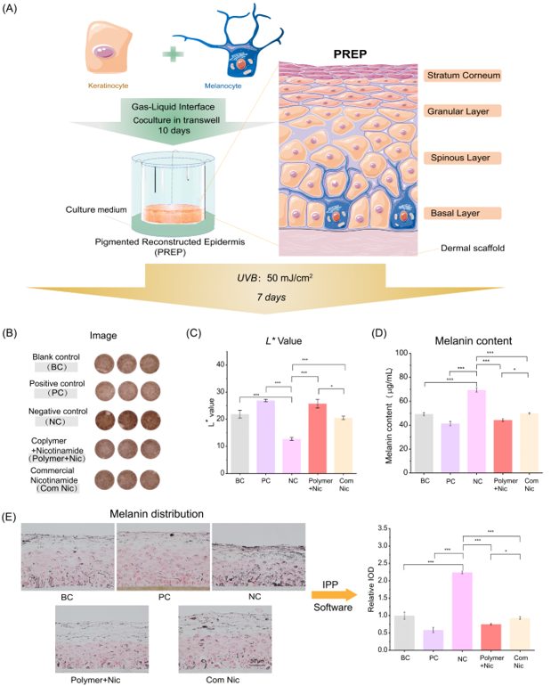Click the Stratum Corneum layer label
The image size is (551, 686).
click(x=462, y=76)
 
